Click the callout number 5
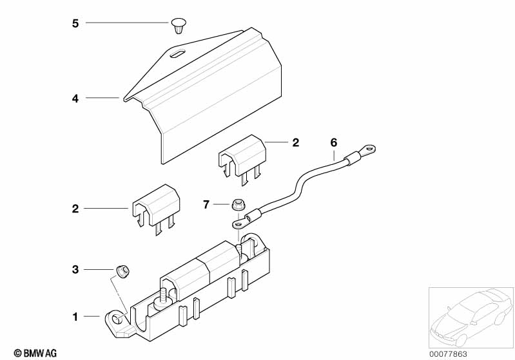(x=75, y=24)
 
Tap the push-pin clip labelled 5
(x=179, y=26)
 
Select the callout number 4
(x=75, y=99)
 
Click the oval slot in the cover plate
(x=177, y=54)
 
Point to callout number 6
(x=334, y=143)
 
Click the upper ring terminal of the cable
(x=368, y=151)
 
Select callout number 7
(x=206, y=205)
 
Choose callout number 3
(x=75, y=270)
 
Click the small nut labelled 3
(x=122, y=271)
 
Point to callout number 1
(x=75, y=317)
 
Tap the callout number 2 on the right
(x=296, y=143)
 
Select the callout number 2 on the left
(x=75, y=209)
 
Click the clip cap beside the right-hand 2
(x=242, y=159)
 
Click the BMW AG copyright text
(x=35, y=354)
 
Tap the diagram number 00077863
(x=448, y=354)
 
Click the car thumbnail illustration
(x=471, y=317)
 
